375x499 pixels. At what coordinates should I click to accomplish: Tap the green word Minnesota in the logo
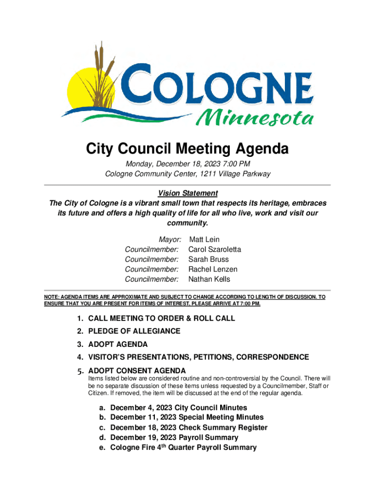254,117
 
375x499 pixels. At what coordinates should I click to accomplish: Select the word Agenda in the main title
261,149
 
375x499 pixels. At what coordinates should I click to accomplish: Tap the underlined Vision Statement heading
187,193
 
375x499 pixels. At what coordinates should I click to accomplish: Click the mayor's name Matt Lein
204,239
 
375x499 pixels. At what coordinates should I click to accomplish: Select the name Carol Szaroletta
214,249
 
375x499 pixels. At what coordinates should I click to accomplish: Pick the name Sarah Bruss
208,259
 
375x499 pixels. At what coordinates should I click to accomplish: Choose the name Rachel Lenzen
213,269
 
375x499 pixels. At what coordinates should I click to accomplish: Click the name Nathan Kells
209,279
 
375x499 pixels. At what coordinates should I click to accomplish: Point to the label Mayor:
170,239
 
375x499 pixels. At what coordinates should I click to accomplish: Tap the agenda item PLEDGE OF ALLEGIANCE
134,331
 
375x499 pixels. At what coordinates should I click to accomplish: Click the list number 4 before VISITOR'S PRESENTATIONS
78,357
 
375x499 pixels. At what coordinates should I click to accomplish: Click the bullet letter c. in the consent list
102,427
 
